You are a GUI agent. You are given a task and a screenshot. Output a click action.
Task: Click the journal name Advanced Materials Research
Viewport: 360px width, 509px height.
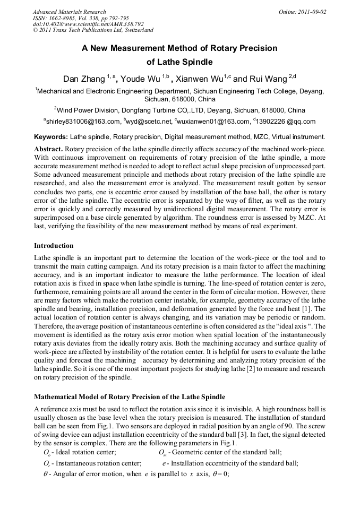click(x=69, y=12)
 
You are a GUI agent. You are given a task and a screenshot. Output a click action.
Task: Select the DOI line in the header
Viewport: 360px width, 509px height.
click(x=88, y=24)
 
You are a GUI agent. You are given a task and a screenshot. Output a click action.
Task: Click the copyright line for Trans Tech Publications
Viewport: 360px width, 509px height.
click(x=93, y=30)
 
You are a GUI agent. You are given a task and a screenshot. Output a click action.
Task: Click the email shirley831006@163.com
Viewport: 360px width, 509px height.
click(x=83, y=122)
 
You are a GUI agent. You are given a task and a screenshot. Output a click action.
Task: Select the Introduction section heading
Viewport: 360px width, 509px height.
click(x=54, y=246)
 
